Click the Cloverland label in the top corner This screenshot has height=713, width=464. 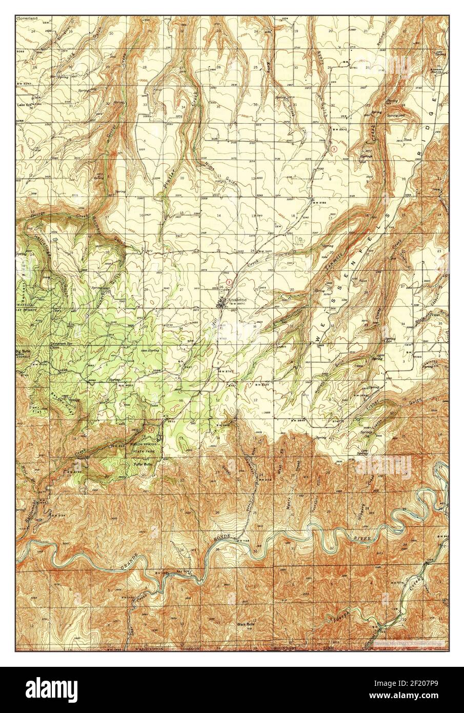pyautogui.click(x=25, y=18)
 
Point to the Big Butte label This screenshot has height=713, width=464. pyautogui.click(x=24, y=353)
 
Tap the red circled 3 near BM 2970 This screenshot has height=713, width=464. pyautogui.click(x=334, y=149)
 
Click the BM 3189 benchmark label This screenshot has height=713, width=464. pyautogui.click(x=317, y=203)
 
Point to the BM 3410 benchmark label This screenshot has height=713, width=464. pyautogui.click(x=263, y=251)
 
